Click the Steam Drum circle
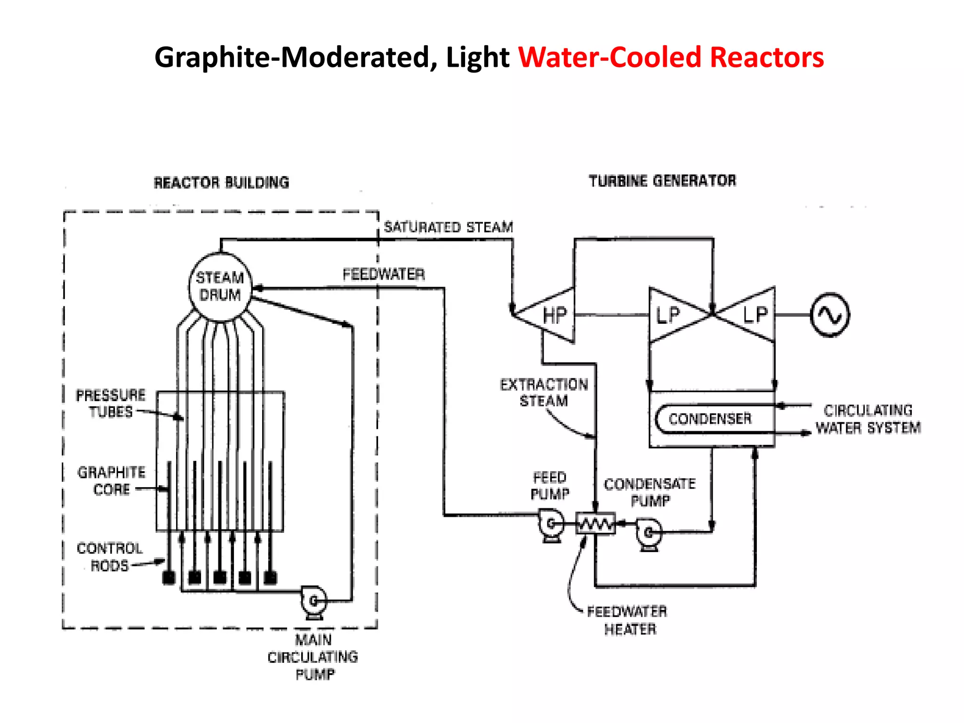coord(220,287)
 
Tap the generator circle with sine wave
coord(830,314)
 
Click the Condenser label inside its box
coord(710,418)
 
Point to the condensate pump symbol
coord(649,534)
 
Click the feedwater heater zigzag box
coord(595,523)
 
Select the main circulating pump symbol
coord(313,601)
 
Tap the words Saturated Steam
coord(448,227)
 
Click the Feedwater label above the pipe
coord(384,274)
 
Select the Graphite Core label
coord(112,481)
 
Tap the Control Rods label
coord(110,557)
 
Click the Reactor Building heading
coord(221,183)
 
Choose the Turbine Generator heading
coord(662,181)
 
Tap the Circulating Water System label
coord(868,419)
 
